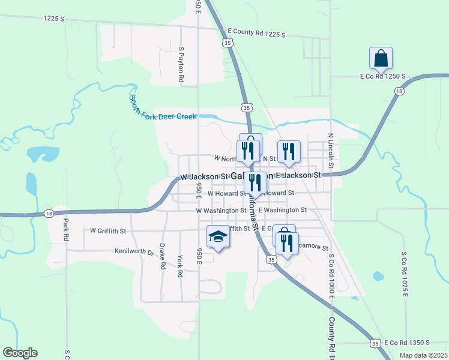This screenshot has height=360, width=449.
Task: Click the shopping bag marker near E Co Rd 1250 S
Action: pos(381,59)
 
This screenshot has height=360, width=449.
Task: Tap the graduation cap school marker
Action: pos(218,237)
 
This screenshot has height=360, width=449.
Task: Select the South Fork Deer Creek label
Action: pos(163,107)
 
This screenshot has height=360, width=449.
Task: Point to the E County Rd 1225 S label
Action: pos(257,33)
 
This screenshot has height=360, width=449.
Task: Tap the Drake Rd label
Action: pos(162,256)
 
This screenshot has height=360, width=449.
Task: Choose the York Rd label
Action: pos(179,265)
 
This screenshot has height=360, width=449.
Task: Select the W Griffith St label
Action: pos(108,230)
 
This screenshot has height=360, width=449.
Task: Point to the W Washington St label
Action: pos(220,211)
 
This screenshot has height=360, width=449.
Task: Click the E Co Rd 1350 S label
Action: pos(411,343)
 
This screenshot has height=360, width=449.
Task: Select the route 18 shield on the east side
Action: pos(399,91)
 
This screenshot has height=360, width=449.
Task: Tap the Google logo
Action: pos(20,353)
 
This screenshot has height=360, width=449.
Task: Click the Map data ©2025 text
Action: pos(423,355)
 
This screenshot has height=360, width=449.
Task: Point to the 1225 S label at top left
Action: pos(53,19)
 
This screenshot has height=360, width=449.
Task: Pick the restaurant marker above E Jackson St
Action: pos(288,151)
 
